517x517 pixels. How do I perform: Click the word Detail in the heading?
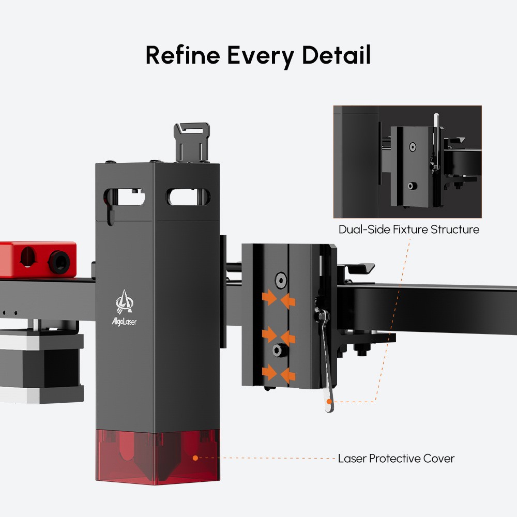coord(336,55)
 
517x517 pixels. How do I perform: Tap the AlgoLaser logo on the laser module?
coord(124,307)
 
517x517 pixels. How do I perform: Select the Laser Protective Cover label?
coord(396,458)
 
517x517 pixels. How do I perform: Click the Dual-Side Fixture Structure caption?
coord(408,229)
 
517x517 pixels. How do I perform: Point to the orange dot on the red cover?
coord(195,458)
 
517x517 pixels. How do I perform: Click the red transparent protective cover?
coord(155,455)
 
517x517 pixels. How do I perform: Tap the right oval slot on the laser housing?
coord(186,196)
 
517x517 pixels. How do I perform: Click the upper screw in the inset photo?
coord(412,147)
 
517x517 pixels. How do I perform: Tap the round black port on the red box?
coord(58,261)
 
